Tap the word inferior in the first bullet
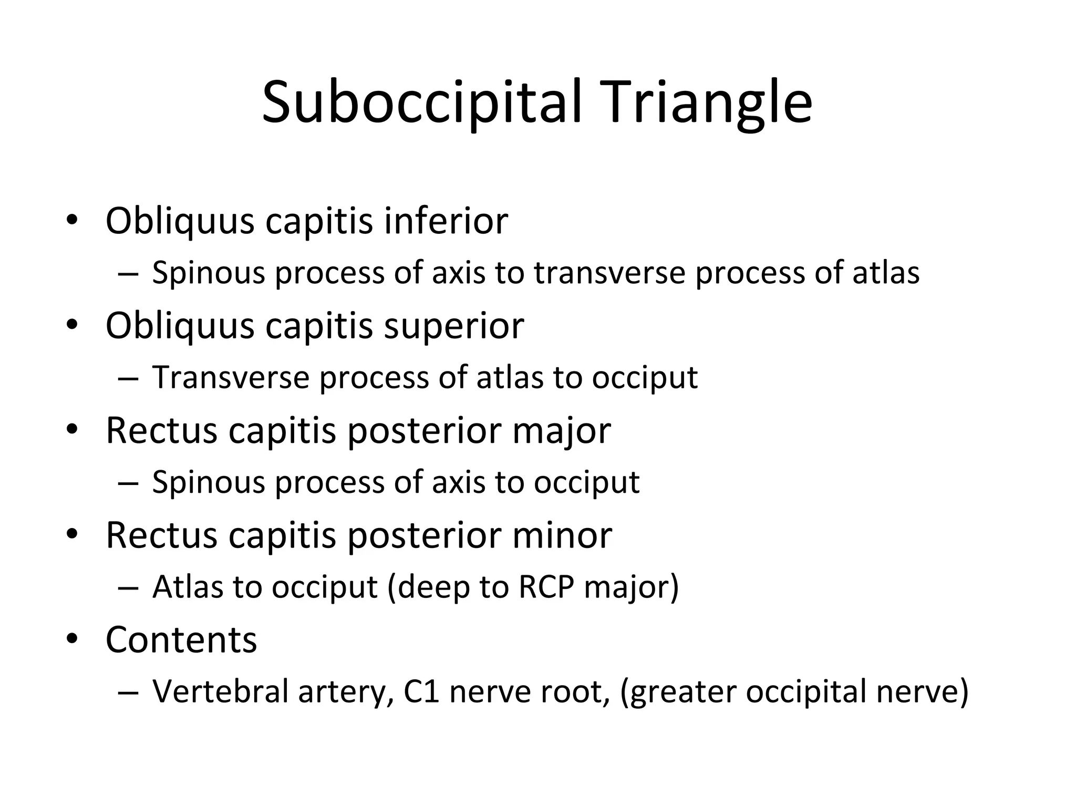tap(446, 221)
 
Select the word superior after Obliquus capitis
tap(454, 326)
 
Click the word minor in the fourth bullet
tap(562, 535)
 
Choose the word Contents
tap(181, 640)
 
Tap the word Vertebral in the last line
tap(220, 691)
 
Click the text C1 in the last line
tap(421, 691)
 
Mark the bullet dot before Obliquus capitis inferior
tap(72, 220)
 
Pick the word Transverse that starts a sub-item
tap(231, 377)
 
